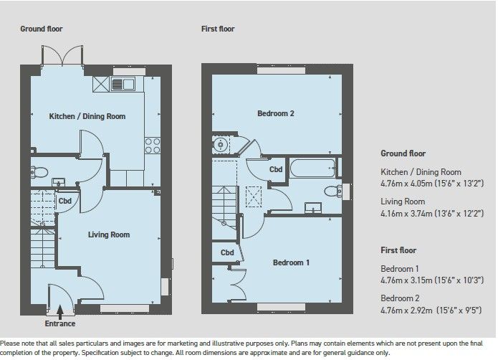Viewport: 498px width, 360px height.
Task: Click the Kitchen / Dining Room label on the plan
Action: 87,116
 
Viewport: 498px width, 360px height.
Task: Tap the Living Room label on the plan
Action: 108,235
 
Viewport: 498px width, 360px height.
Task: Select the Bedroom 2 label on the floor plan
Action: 276,113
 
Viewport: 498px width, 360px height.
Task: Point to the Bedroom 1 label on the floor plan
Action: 291,262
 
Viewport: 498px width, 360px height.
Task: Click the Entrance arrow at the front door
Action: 61,311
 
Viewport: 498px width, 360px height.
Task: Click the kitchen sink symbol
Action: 123,84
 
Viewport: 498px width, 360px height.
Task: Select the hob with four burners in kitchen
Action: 153,145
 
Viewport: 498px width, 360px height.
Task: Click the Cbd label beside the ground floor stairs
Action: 64,201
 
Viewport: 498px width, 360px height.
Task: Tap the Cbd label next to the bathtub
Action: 275,170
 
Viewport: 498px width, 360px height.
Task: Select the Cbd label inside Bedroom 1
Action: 227,252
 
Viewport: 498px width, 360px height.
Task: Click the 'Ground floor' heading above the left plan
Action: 42,29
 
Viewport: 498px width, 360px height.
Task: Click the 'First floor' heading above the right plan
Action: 218,29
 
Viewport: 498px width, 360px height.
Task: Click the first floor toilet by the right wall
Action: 332,191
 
